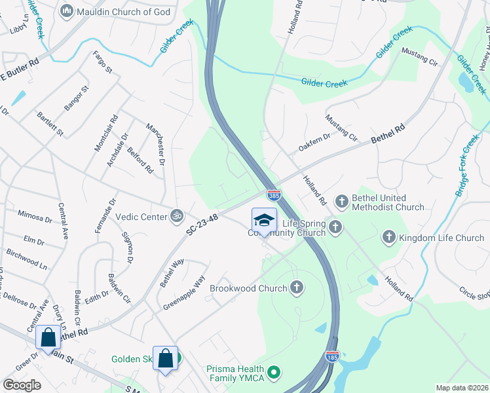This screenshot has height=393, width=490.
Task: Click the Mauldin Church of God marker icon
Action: (66, 11)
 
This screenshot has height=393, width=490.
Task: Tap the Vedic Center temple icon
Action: (176, 215)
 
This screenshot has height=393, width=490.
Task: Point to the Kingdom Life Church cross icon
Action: (388, 237)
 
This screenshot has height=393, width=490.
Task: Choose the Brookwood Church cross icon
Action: (297, 287)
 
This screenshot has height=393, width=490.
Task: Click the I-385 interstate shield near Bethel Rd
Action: (274, 195)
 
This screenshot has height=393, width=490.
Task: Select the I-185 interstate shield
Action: (332, 356)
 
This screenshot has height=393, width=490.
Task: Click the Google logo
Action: (22, 384)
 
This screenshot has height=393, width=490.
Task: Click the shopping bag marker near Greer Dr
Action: (48, 338)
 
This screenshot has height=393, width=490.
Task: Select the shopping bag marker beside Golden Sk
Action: (165, 358)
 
